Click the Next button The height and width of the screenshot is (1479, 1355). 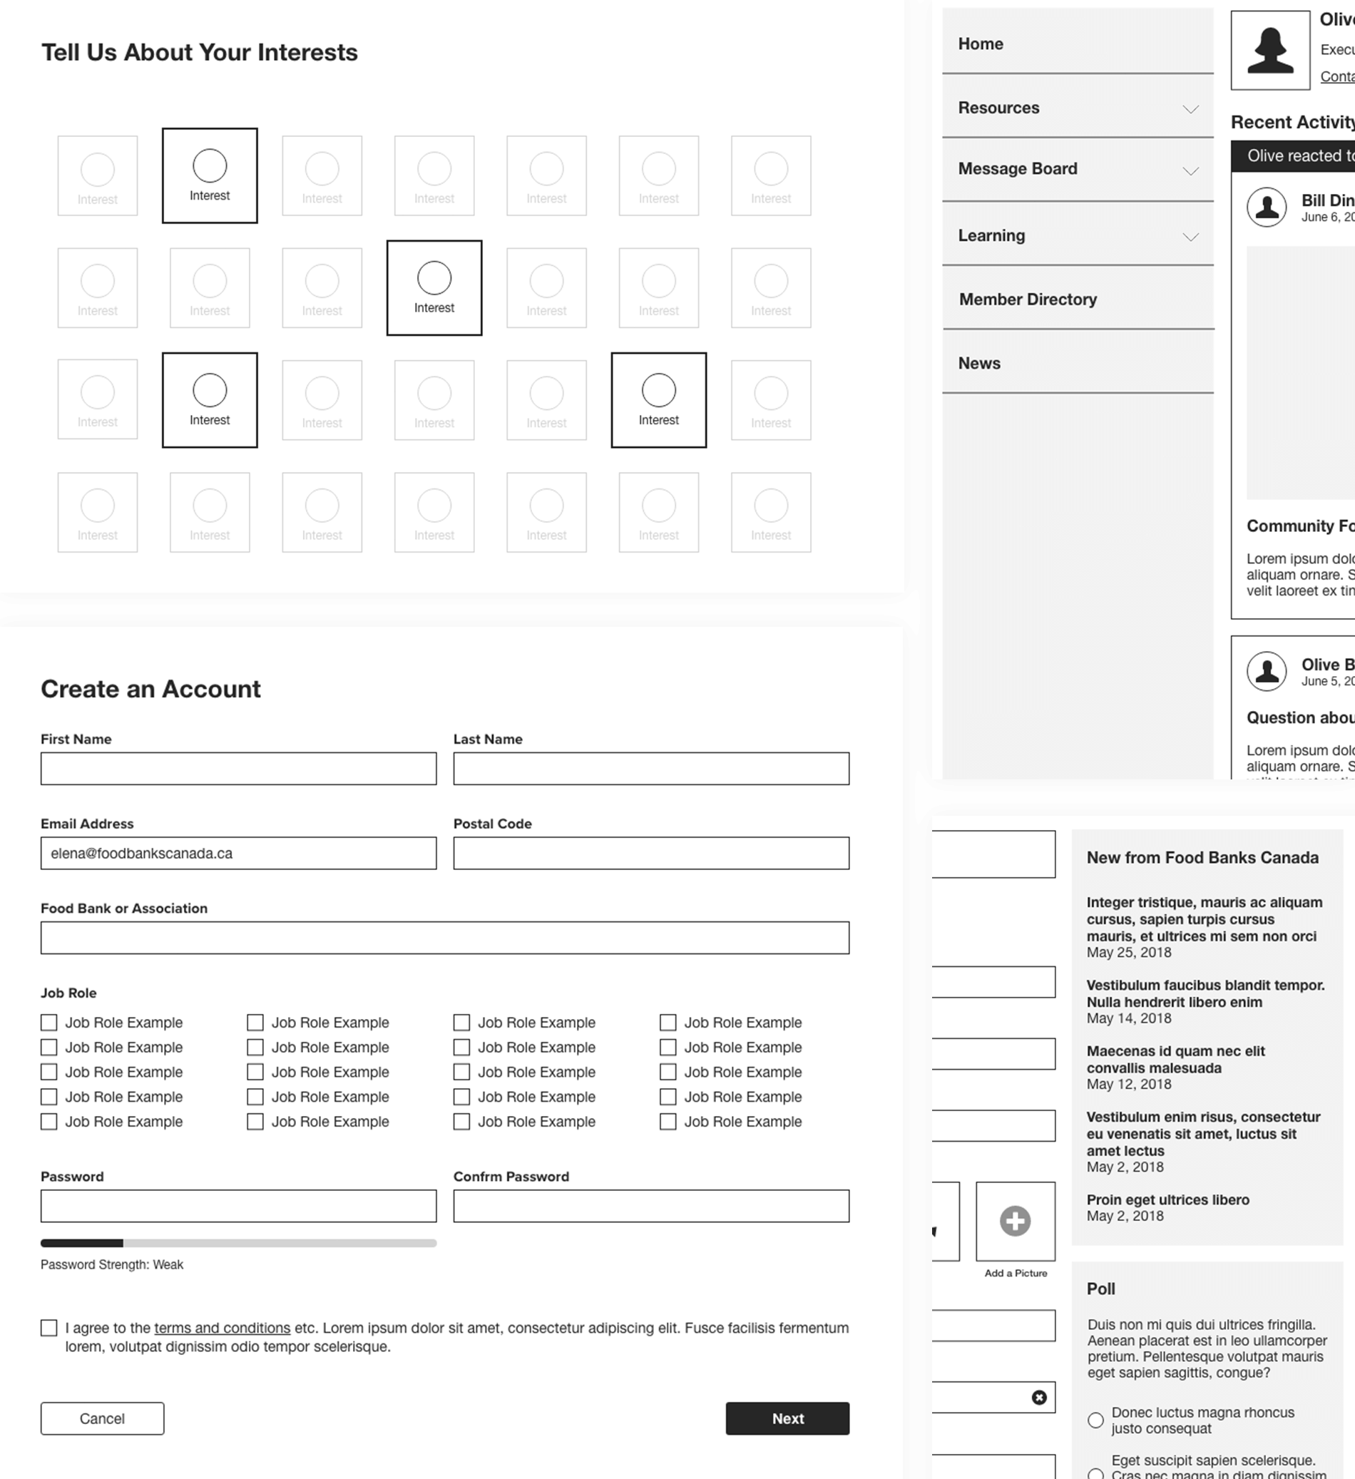tap(787, 1418)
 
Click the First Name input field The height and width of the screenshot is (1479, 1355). tap(238, 768)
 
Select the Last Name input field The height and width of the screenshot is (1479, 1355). tap(650, 768)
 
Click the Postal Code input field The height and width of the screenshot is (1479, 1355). tap(650, 852)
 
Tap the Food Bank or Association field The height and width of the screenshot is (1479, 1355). tap(444, 937)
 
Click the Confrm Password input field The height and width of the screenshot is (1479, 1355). tap(650, 1205)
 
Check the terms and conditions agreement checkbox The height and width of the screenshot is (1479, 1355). tap(49, 1327)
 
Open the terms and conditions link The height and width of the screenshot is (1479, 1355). tap(223, 1327)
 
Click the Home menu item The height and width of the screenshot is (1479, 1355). tap(980, 44)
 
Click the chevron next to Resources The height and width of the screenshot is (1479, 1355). tap(1190, 109)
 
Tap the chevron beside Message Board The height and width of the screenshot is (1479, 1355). tap(1190, 171)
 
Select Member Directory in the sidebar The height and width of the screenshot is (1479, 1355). tap(1028, 300)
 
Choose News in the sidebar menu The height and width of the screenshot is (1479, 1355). tap(978, 363)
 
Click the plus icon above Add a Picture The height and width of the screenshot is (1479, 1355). tap(1016, 1221)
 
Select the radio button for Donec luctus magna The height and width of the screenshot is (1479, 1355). tap(1095, 1420)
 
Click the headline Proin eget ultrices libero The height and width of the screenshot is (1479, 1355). tap(1167, 1199)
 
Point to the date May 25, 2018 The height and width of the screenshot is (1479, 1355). tap(1128, 952)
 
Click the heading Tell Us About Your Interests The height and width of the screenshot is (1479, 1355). tap(200, 53)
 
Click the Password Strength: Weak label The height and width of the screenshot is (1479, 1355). tap(111, 1264)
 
